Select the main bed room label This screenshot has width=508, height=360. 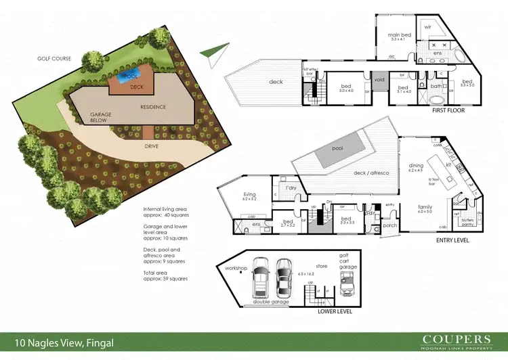(x=400, y=37)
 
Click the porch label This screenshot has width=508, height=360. (x=389, y=227)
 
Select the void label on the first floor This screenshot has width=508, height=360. (x=379, y=78)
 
